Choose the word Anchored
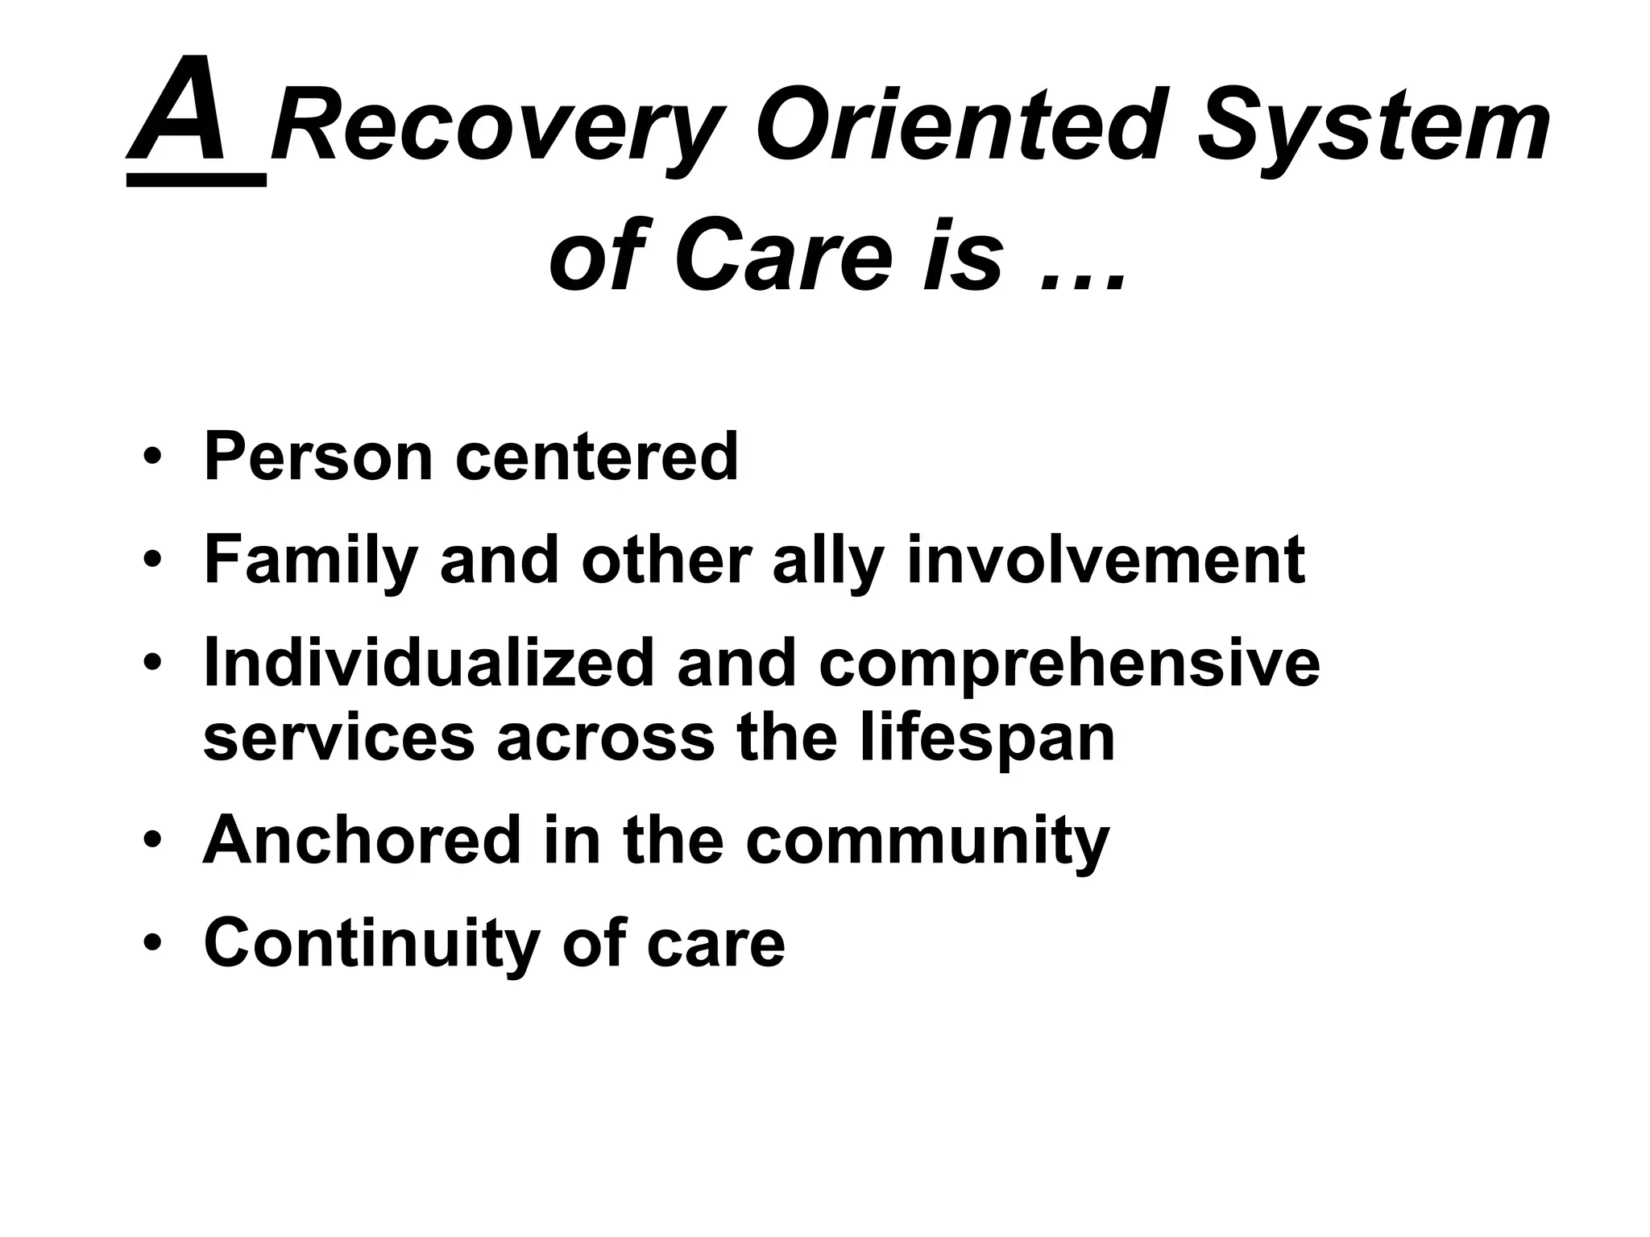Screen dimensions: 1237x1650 pyautogui.click(x=362, y=840)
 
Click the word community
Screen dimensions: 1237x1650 pyautogui.click(x=927, y=842)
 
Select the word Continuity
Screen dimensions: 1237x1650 pyautogui.click(x=371, y=944)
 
